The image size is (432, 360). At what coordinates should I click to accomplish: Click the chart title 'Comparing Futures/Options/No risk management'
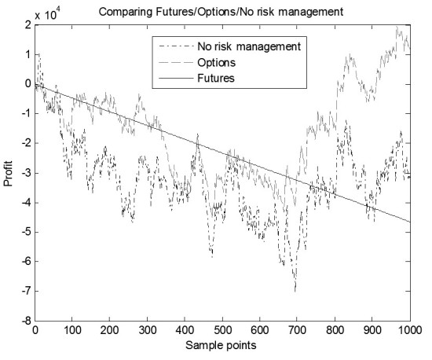221,12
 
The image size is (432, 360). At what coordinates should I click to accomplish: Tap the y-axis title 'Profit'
9,174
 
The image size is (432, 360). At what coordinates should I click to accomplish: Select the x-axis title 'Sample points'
221,346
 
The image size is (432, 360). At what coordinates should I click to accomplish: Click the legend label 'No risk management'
249,46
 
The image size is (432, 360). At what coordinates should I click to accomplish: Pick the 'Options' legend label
216,63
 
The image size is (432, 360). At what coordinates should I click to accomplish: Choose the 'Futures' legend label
216,79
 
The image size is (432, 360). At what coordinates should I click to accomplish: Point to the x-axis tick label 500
222,330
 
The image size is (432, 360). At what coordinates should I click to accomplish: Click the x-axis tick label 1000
409,330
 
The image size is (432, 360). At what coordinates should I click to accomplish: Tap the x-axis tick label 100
72,330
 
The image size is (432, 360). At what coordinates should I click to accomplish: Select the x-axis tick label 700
297,330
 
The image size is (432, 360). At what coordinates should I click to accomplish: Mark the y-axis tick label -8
26,321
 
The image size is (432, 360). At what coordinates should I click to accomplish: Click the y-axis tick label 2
27,25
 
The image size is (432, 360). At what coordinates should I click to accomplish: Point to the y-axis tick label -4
26,203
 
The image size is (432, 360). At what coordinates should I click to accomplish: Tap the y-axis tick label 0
27,84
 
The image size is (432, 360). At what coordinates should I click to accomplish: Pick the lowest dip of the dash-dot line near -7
295,291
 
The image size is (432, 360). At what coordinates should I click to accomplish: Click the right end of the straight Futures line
410,222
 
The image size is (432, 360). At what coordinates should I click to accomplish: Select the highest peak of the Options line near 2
397,27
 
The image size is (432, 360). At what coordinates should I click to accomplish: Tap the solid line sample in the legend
176,79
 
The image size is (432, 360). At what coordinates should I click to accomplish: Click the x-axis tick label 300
148,330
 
